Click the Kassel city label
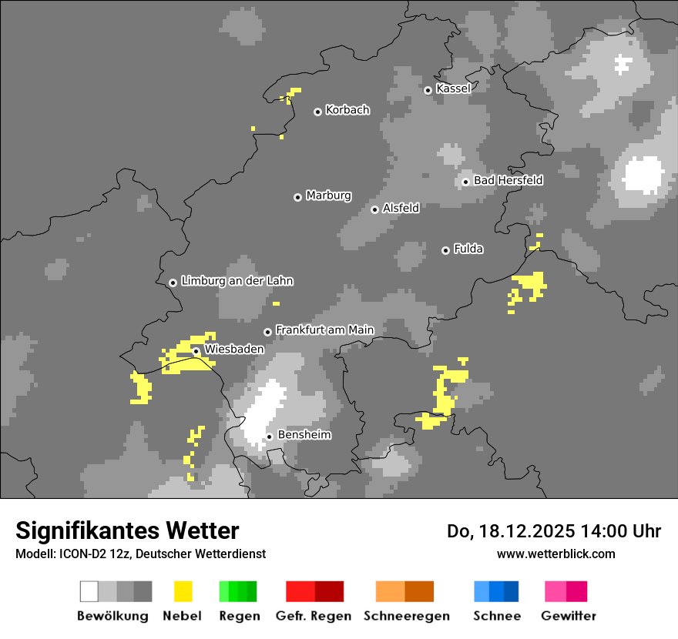point(453,89)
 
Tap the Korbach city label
point(347,110)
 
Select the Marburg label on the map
point(328,196)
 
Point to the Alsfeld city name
point(401,208)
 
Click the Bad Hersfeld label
point(508,180)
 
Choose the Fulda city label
point(468,249)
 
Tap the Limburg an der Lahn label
point(237,281)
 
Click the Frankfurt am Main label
point(324,330)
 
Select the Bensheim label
point(304,435)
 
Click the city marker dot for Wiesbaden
point(196,351)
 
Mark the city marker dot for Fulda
point(445,250)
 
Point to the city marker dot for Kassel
point(428,90)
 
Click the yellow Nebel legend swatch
point(183,591)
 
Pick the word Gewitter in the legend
point(569,616)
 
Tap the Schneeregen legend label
point(406,616)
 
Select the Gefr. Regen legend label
point(314,616)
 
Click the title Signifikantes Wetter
point(127,530)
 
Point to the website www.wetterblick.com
point(555,554)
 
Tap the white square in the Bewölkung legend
point(89,591)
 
